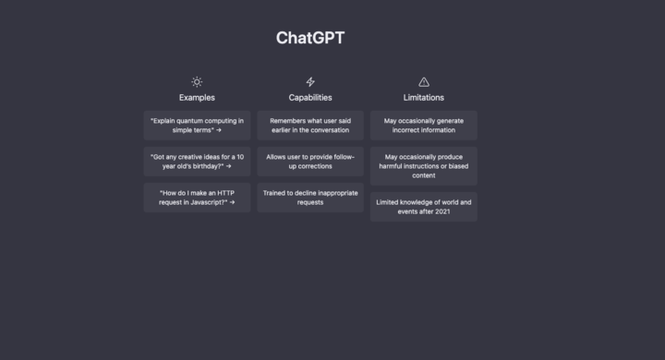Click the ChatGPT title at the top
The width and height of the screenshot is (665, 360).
click(310, 38)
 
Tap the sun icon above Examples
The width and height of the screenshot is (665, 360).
click(197, 82)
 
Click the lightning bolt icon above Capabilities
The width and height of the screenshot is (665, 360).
click(310, 82)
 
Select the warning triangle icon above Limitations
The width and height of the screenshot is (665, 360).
click(424, 82)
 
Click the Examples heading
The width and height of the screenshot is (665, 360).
click(197, 97)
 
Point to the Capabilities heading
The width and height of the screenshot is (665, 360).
click(310, 97)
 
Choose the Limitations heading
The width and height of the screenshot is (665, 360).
click(424, 97)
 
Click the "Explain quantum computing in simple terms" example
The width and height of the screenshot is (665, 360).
click(197, 126)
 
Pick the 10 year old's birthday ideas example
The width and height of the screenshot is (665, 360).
click(197, 162)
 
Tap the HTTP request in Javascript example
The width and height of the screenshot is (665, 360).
click(197, 198)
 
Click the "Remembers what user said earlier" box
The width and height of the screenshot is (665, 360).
click(310, 126)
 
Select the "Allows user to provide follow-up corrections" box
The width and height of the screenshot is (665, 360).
click(310, 162)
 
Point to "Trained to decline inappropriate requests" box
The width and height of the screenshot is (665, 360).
click(310, 198)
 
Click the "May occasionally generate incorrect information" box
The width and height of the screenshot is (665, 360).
click(424, 126)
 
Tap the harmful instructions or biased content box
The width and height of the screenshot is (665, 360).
click(424, 166)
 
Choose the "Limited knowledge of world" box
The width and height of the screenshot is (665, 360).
click(424, 207)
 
